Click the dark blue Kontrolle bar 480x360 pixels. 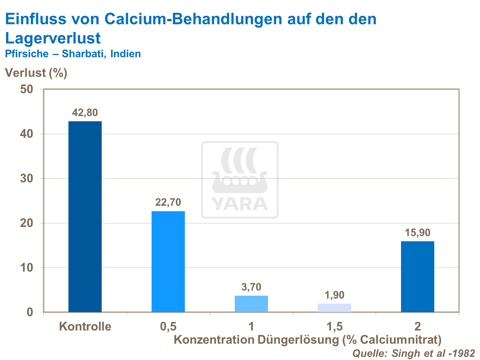tap(85, 216)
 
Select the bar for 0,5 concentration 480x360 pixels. tap(168, 261)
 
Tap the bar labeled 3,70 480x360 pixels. tap(251, 304)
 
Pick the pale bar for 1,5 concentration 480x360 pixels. tap(334, 308)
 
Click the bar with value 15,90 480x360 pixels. tap(418, 276)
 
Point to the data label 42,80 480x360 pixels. tap(85, 113)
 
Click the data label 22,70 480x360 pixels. tap(168, 202)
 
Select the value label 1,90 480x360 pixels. tap(334, 295)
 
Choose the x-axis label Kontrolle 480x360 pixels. tap(85, 326)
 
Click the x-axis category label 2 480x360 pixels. tap(418, 326)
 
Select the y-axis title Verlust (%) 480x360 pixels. tap(36, 73)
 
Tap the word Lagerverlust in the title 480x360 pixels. tap(53, 38)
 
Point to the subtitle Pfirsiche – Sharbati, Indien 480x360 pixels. tap(73, 53)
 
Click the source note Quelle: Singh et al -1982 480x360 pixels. tap(413, 353)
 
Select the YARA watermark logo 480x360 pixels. tap(240, 180)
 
